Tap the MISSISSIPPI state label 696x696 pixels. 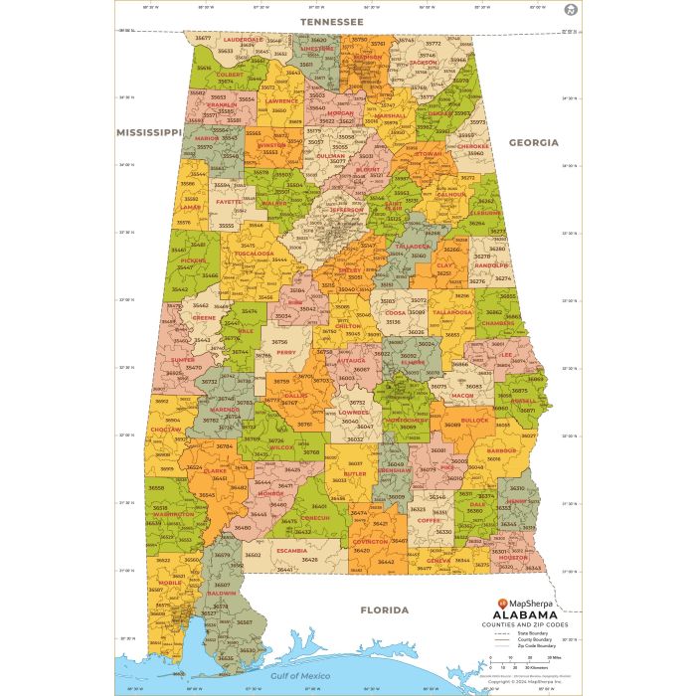149,131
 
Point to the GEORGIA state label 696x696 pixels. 534,142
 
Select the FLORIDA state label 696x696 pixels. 384,609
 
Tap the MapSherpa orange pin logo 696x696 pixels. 502,603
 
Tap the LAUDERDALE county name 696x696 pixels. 242,40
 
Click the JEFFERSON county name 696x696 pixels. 346,210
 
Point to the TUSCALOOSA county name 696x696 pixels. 254,254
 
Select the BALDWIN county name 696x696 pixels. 221,594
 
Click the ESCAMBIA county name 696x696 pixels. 291,550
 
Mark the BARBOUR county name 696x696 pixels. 502,450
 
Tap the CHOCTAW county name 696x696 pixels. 165,430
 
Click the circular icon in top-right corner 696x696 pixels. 569,10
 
